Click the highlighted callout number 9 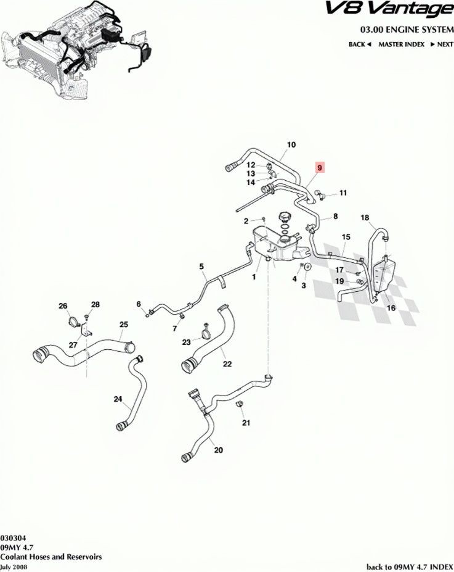coord(320,168)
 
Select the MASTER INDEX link coord(401,44)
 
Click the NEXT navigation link coord(442,44)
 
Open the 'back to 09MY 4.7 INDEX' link coord(410,566)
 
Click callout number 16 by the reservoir coord(391,308)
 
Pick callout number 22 coord(227,363)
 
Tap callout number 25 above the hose coord(124,325)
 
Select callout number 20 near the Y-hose coord(218,450)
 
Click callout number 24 coord(118,399)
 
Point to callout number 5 coord(201,267)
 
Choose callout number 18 coord(365,218)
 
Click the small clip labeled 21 coord(240,405)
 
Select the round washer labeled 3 coord(307,267)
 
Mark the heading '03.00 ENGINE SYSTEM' coord(407,29)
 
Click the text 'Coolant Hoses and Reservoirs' coord(51,557)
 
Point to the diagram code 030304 coord(13,537)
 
